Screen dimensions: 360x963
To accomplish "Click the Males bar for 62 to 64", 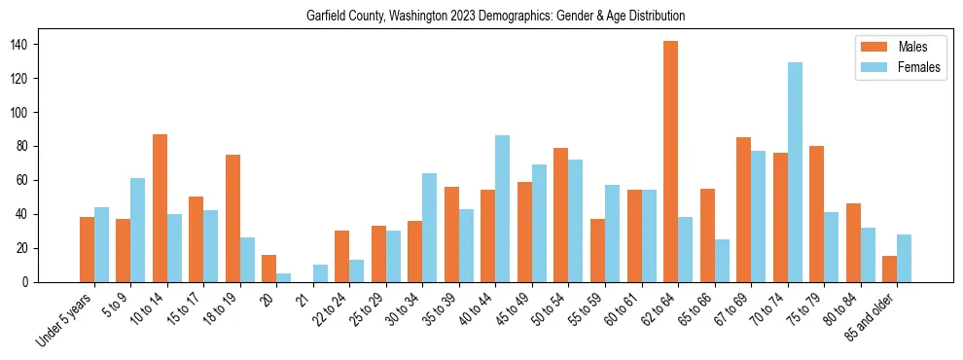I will click(671, 162).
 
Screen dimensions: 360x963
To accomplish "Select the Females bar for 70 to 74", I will click(795, 172).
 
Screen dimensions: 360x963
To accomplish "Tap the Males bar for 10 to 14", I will click(160, 208).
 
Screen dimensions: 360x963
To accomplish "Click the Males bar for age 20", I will click(269, 269).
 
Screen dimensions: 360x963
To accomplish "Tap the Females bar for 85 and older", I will click(905, 258).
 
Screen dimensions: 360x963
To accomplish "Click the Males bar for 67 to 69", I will click(744, 209).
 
